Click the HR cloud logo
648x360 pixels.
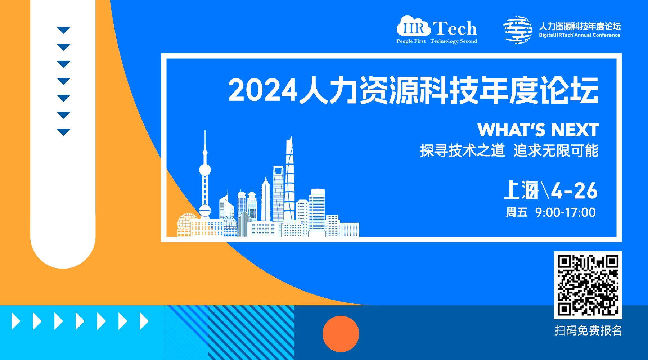(414, 26)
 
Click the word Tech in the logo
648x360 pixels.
(455, 28)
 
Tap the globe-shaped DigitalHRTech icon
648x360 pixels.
(518, 30)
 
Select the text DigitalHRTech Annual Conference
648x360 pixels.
(579, 35)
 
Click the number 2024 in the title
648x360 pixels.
(263, 90)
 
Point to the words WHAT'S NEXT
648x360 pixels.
(538, 130)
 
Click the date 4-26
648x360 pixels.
(574, 190)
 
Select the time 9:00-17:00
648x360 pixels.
(565, 212)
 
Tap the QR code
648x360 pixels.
(588, 285)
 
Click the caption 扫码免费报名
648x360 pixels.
(588, 330)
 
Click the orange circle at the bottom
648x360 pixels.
(341, 334)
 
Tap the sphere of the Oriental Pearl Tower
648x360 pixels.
(205, 170)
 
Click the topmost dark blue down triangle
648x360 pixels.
(64, 30)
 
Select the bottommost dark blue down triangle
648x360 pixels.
(64, 132)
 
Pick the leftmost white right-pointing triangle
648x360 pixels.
(16, 321)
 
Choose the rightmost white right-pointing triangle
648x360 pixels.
(144, 321)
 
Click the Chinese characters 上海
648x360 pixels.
(521, 190)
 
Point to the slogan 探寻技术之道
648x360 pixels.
(462, 150)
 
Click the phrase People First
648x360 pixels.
(411, 41)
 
